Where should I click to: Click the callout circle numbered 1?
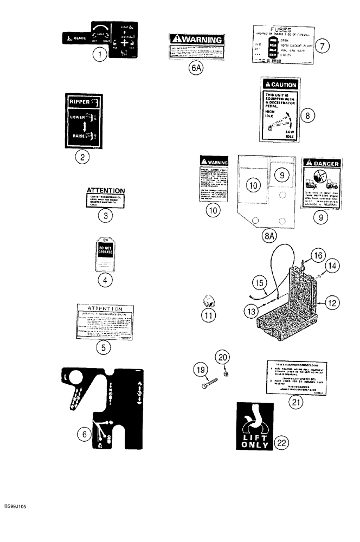(x=98, y=55)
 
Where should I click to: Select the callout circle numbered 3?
(x=106, y=216)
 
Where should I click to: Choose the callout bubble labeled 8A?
(x=268, y=236)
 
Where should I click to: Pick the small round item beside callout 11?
(x=208, y=300)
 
